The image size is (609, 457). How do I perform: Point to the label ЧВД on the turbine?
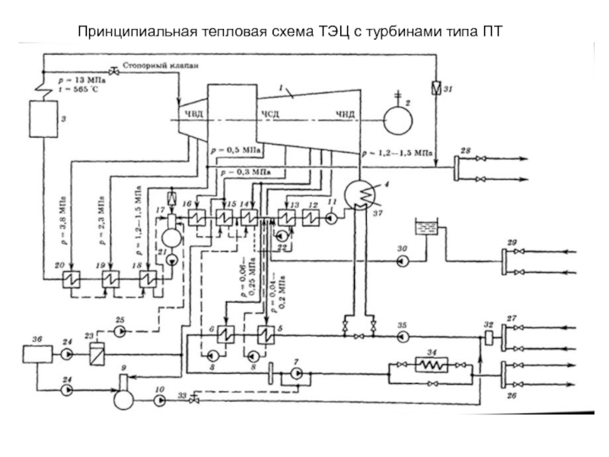(x=190, y=114)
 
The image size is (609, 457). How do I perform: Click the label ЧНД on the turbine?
(x=346, y=114)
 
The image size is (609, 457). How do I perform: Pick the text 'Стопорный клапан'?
(x=164, y=66)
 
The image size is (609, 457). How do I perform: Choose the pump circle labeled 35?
(x=403, y=335)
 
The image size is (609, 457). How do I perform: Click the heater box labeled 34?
(x=433, y=366)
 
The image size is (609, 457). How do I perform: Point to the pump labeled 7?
(x=296, y=373)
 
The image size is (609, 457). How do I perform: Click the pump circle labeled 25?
(x=120, y=332)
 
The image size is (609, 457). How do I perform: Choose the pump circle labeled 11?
(x=332, y=216)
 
